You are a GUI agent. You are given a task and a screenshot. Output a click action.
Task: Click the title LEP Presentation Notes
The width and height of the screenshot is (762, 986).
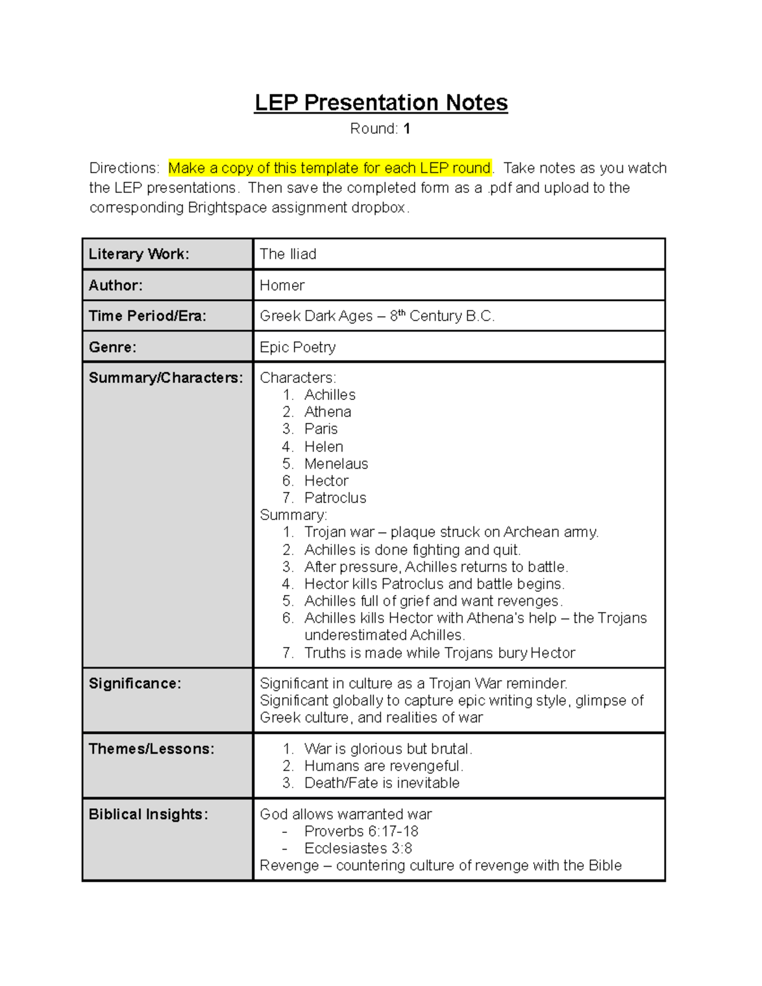pyautogui.click(x=381, y=103)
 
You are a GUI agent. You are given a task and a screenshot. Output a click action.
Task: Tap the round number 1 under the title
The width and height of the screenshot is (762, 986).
pyautogui.click(x=407, y=129)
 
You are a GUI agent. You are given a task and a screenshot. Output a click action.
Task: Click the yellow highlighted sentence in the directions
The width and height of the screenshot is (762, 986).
pyautogui.click(x=330, y=168)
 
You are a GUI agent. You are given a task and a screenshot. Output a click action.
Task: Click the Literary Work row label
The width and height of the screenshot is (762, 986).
pyautogui.click(x=139, y=254)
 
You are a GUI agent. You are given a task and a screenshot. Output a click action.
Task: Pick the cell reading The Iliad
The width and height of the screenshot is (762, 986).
pyautogui.click(x=288, y=254)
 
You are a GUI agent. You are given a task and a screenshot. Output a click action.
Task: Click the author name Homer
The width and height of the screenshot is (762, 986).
pyautogui.click(x=282, y=286)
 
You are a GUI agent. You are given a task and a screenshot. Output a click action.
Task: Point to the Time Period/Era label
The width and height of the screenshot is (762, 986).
pyautogui.click(x=147, y=316)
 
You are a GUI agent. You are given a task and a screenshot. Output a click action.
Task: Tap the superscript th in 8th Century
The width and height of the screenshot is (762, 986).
pyautogui.click(x=401, y=313)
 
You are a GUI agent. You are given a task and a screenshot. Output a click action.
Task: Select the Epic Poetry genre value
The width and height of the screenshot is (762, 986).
pyautogui.click(x=298, y=347)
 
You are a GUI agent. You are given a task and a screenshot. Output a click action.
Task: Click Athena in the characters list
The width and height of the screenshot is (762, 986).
pyautogui.click(x=328, y=412)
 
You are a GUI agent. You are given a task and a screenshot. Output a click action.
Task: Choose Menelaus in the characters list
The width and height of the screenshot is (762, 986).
pyautogui.click(x=336, y=464)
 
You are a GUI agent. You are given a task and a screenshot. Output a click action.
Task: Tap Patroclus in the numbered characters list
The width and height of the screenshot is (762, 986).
pyautogui.click(x=335, y=498)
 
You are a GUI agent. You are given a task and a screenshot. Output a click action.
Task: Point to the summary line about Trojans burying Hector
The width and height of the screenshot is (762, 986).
pyautogui.click(x=439, y=653)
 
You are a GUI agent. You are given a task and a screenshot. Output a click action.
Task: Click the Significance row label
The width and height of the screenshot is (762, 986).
pyautogui.click(x=135, y=684)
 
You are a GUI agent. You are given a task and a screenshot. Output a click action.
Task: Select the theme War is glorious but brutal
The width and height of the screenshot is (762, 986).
pyautogui.click(x=388, y=749)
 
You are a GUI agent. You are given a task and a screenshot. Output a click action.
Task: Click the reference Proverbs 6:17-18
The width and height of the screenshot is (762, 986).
pyautogui.click(x=361, y=832)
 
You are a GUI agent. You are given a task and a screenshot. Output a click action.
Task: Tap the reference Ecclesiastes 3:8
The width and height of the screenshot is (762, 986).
pyautogui.click(x=358, y=849)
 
